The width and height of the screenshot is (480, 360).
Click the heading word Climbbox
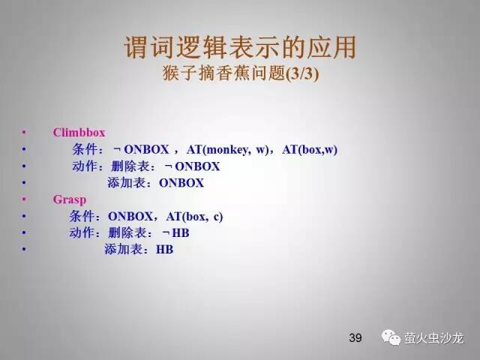pos(79,133)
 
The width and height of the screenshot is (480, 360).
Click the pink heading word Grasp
pos(70,199)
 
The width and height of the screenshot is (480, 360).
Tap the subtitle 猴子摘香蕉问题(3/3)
pos(241,73)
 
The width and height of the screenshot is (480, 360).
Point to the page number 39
pos(355,337)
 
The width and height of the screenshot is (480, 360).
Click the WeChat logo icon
pos(391,337)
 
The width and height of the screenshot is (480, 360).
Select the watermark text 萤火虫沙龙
pos(433,338)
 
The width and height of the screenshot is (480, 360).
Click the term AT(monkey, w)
pos(227,150)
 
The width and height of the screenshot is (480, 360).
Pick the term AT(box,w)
pos(310,150)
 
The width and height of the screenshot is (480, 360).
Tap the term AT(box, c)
pos(194,217)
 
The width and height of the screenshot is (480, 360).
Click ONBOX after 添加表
pos(181,183)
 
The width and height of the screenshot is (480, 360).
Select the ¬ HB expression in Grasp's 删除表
pos(175,233)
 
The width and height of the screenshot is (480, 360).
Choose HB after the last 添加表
pos(164,250)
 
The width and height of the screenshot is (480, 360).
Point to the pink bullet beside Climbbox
pos(24,133)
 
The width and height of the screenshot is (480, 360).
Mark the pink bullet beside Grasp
pos(24,199)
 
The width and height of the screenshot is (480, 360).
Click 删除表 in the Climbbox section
pos(130,166)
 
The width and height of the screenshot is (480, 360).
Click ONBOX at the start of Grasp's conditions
pos(130,217)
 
